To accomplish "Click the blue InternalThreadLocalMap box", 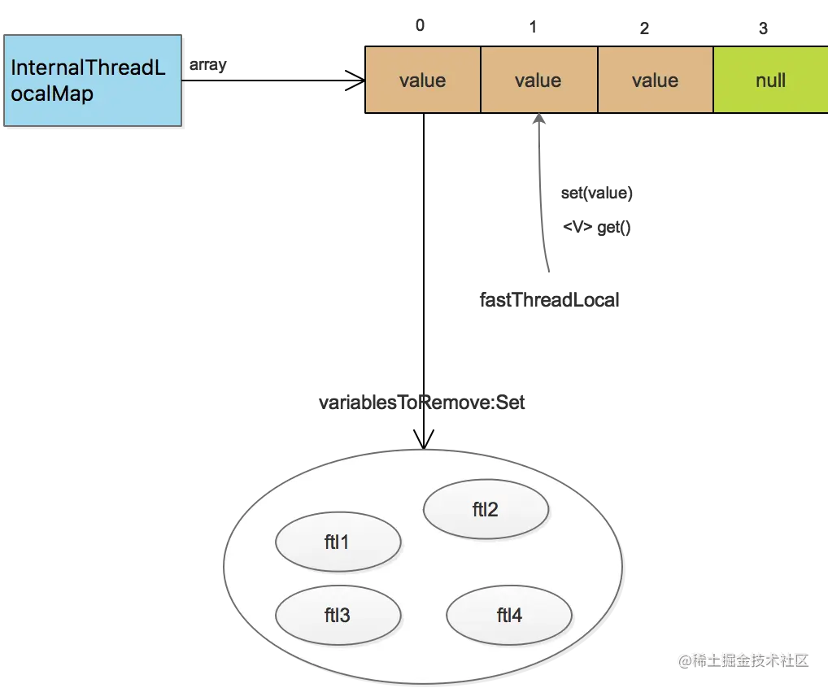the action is pyautogui.click(x=93, y=81).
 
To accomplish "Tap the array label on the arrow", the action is pyautogui.click(x=208, y=65).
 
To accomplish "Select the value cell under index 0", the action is pyautogui.click(x=422, y=80).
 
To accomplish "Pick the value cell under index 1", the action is pyautogui.click(x=538, y=80).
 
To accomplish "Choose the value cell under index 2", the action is pyautogui.click(x=656, y=80).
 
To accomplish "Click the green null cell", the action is pyautogui.click(x=770, y=80).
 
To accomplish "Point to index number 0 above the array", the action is pyautogui.click(x=420, y=25).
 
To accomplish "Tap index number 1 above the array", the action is pyautogui.click(x=534, y=27).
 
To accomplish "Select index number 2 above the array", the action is pyautogui.click(x=644, y=28).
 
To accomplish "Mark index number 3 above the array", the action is pyautogui.click(x=763, y=28).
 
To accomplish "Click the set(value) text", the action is pyautogui.click(x=597, y=194).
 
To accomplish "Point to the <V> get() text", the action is pyautogui.click(x=597, y=227).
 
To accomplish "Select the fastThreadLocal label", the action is pyautogui.click(x=549, y=300).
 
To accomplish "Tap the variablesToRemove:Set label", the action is pyautogui.click(x=421, y=403).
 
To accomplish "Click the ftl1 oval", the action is pyautogui.click(x=338, y=542).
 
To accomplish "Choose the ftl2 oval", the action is pyautogui.click(x=486, y=509).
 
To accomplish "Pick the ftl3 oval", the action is pyautogui.click(x=338, y=615).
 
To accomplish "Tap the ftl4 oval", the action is pyautogui.click(x=509, y=615).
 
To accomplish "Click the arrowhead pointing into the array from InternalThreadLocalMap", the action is pyautogui.click(x=356, y=81).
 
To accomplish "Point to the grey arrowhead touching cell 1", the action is pyautogui.click(x=539, y=119).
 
